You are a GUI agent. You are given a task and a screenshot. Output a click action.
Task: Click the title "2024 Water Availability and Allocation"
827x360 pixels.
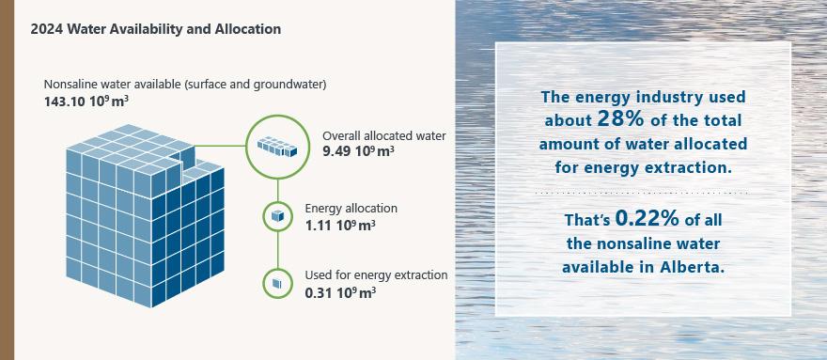tap(156, 29)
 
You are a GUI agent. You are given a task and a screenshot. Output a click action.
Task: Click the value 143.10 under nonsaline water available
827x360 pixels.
tap(64, 102)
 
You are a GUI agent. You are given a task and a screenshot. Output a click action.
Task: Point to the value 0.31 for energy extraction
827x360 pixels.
tap(318, 291)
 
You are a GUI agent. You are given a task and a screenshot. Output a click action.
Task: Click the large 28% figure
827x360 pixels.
tap(621, 118)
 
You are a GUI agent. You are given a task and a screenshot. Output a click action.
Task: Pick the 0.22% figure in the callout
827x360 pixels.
tap(648, 218)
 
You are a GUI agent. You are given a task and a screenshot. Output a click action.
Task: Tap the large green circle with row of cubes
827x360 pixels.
tap(277, 147)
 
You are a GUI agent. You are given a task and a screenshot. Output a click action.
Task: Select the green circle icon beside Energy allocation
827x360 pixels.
tap(277, 216)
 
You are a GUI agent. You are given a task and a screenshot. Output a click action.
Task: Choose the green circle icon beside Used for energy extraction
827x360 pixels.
tap(277, 284)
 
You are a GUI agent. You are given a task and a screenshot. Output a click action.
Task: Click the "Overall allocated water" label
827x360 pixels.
tap(384, 135)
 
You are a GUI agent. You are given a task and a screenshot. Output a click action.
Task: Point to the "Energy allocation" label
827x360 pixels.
tap(351, 209)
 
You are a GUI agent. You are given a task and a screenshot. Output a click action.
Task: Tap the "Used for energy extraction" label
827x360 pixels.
tap(377, 275)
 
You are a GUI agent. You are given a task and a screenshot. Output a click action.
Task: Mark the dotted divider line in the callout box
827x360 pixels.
tap(642, 194)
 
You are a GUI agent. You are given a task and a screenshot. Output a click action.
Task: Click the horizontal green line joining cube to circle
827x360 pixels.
tap(220, 146)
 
